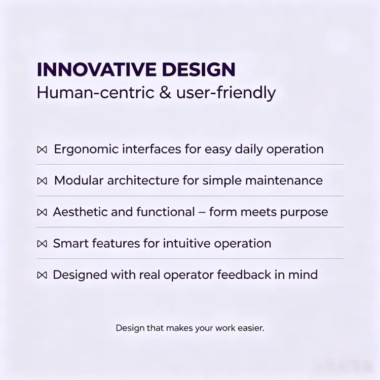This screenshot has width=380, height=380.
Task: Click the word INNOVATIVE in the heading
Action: point(97,69)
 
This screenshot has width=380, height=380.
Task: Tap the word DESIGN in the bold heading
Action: point(199,69)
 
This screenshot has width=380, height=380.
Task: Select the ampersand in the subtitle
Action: point(165,93)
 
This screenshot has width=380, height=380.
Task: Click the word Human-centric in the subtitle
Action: point(95,93)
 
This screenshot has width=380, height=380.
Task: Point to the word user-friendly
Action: point(226,93)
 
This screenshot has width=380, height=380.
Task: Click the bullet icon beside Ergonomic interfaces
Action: point(42,150)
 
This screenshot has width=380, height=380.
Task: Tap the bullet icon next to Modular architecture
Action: point(42,181)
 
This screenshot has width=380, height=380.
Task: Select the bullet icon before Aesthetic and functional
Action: point(42,212)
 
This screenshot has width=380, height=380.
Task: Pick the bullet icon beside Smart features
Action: point(42,244)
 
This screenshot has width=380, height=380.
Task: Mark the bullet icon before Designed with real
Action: point(42,275)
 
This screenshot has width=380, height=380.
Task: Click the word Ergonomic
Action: point(86,149)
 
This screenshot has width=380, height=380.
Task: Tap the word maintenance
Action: point(284,180)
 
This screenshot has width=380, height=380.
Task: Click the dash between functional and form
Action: point(202,212)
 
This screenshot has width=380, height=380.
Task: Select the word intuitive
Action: point(186,243)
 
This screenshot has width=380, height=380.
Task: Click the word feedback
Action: point(244,275)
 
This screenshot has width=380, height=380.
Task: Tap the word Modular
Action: point(79,180)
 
